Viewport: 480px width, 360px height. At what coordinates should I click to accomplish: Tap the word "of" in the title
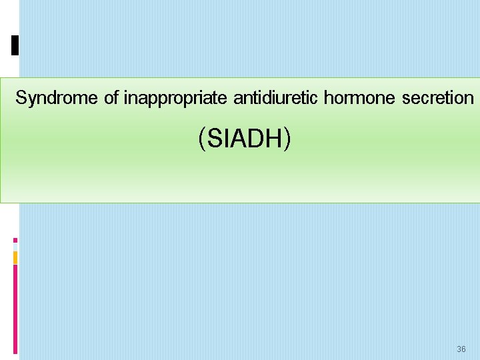click(x=111, y=99)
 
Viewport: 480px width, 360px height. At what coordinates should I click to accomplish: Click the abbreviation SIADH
click(x=244, y=139)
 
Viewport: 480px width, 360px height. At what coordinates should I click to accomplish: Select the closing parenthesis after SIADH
click(x=287, y=139)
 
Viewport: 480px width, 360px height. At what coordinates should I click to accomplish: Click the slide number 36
click(x=461, y=349)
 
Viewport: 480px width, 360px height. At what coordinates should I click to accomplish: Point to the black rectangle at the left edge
click(x=15, y=45)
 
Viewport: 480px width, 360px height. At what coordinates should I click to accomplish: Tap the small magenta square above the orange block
click(x=15, y=240)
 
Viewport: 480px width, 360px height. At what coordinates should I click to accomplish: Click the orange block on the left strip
click(x=15, y=257)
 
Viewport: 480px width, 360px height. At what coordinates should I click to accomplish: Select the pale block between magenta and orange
click(x=15, y=247)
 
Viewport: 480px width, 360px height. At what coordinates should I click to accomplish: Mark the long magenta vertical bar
click(x=15, y=307)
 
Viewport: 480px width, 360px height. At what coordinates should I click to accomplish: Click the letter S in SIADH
click(x=215, y=139)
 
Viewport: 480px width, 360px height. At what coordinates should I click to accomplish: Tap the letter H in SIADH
click(x=274, y=139)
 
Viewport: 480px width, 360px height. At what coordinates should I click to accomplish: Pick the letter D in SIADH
click(x=257, y=139)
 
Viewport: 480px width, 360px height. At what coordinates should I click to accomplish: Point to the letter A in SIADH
click(x=239, y=139)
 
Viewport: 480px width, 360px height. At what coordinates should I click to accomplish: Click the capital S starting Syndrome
click(x=21, y=99)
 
